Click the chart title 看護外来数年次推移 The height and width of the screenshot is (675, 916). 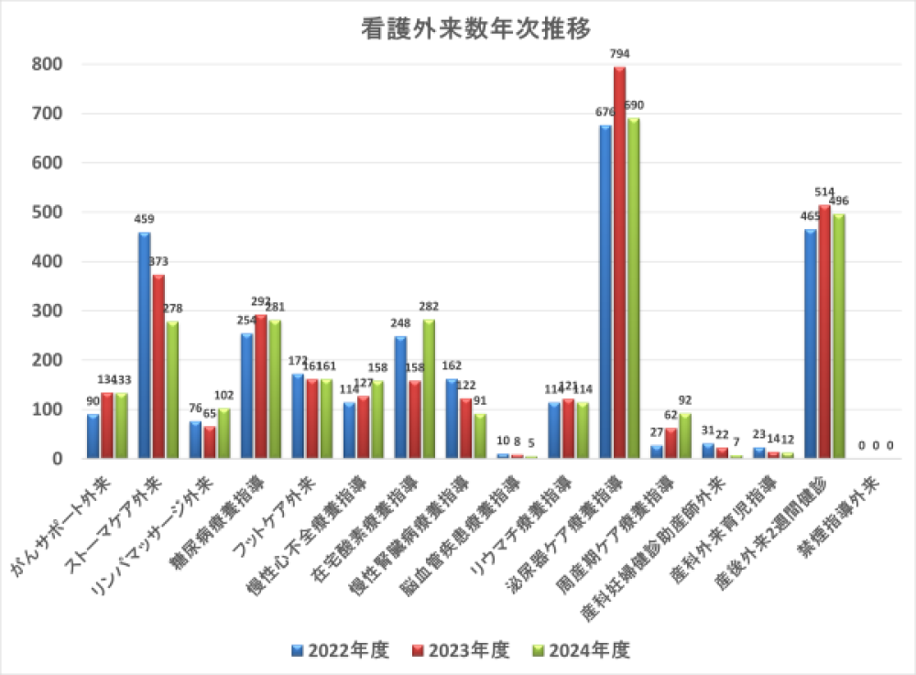pyautogui.click(x=458, y=28)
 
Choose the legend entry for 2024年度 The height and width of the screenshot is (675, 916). pyautogui.click(x=582, y=651)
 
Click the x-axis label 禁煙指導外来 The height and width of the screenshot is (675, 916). pyautogui.click(x=838, y=513)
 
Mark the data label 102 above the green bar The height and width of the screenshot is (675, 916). pyautogui.click(x=224, y=396)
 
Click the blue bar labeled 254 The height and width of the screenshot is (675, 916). pyautogui.click(x=247, y=395)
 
